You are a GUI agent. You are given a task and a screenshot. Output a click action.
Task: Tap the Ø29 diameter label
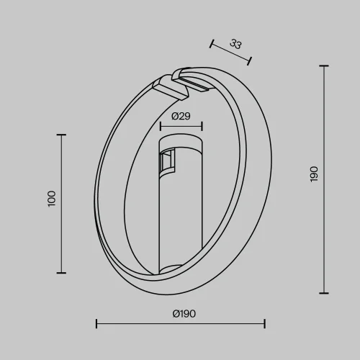pos(181,115)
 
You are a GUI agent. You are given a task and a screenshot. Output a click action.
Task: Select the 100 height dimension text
pos(51,199)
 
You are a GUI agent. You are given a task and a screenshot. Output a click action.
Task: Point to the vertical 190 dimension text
pos(313,174)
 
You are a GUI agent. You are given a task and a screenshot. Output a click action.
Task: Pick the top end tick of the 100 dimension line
pos(61,135)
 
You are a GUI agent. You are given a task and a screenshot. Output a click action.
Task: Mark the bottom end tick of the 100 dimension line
pos(61,272)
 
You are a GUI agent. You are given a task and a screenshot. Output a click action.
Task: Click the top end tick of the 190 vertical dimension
pos(323,66)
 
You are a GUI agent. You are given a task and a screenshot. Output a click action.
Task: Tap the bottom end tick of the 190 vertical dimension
pos(323,292)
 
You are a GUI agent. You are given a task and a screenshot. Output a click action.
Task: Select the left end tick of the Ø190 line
pos(96,323)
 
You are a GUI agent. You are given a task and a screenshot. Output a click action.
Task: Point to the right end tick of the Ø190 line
pos(264,323)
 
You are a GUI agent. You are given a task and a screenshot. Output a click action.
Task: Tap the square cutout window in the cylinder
pos(168,162)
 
